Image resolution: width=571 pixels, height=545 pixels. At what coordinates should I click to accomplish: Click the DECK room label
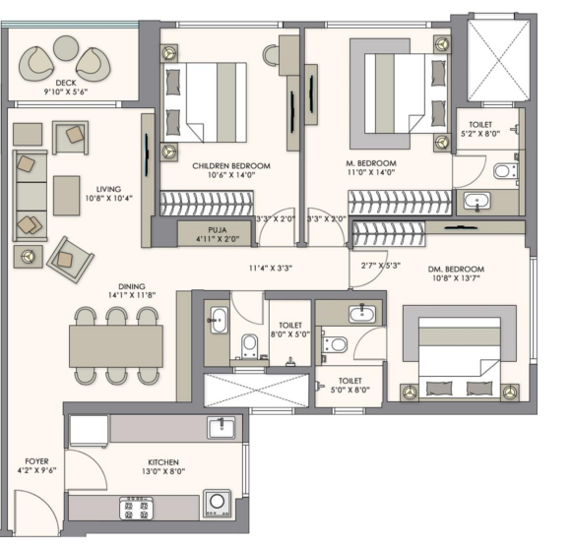pyautogui.click(x=66, y=83)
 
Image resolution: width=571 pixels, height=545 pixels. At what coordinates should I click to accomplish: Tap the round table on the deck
pyautogui.click(x=66, y=48)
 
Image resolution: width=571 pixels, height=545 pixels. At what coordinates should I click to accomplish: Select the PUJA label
pyautogui.click(x=218, y=230)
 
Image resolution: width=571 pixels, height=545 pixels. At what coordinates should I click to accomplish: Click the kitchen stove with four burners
pyautogui.click(x=136, y=509)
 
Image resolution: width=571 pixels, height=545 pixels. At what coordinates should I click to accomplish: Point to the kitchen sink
pyautogui.click(x=222, y=428)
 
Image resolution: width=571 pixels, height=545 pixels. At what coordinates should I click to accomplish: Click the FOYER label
pyautogui.click(x=36, y=461)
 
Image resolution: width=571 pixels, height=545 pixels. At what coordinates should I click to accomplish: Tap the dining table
pyautogui.click(x=116, y=346)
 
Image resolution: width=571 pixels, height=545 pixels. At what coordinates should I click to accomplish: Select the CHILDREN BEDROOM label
pyautogui.click(x=231, y=166)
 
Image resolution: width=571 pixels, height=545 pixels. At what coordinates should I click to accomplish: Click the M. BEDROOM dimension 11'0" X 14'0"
pyautogui.click(x=371, y=172)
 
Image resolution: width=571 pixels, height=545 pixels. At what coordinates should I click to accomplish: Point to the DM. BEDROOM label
pyautogui.click(x=456, y=270)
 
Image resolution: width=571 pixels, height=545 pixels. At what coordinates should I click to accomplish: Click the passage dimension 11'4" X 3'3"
pyautogui.click(x=271, y=269)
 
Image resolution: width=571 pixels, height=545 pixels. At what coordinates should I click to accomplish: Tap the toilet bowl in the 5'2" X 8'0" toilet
pyautogui.click(x=505, y=170)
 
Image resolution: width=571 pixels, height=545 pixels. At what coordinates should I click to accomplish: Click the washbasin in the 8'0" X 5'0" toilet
pyautogui.click(x=219, y=320)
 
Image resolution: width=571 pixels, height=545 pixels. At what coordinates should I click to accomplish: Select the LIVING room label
pyautogui.click(x=108, y=189)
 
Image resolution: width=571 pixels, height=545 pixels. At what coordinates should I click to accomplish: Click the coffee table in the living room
pyautogui.click(x=67, y=196)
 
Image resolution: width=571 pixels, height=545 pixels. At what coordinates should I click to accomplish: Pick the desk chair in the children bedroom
pyautogui.click(x=271, y=55)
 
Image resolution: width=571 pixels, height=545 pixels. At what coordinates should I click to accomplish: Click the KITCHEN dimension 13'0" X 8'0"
pyautogui.click(x=163, y=471)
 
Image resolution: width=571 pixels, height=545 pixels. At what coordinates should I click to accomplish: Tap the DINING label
pyautogui.click(x=132, y=286)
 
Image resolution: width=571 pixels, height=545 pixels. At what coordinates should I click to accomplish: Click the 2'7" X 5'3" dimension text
pyautogui.click(x=381, y=266)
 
